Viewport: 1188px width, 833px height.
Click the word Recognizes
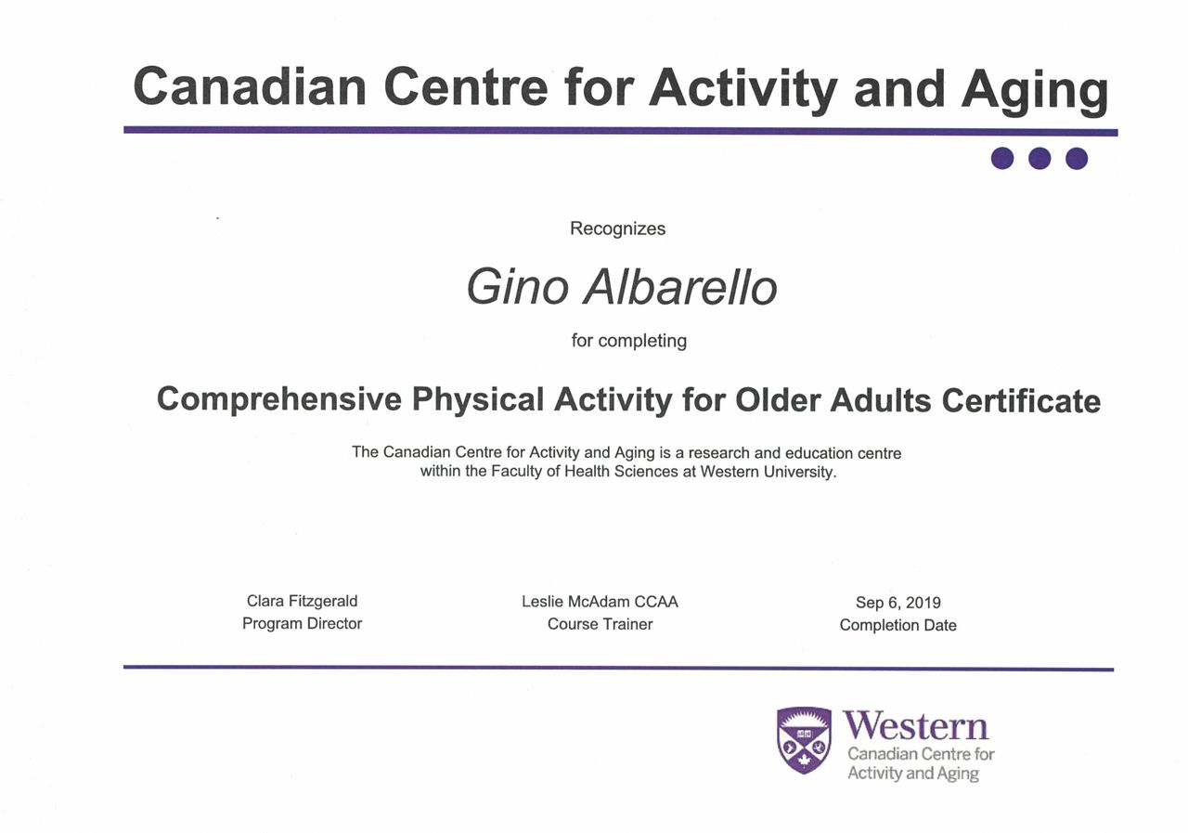coord(617,228)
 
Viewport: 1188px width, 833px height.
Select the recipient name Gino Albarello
coord(622,287)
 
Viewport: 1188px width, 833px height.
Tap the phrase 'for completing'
coord(629,341)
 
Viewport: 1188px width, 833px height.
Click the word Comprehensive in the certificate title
coord(279,399)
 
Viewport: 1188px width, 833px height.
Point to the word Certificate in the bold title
coord(1021,400)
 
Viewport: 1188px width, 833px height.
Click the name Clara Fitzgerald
coord(302,601)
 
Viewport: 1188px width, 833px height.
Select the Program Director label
coord(302,623)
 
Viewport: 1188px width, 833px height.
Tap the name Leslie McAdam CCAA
coord(600,602)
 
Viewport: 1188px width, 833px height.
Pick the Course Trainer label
coord(600,624)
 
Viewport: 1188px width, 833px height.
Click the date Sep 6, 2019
coord(897,603)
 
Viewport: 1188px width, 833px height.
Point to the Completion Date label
coord(897,625)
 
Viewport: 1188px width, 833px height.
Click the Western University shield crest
coord(804,739)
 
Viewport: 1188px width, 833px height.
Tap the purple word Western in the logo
coord(916,726)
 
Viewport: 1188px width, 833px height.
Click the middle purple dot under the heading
coord(1039,158)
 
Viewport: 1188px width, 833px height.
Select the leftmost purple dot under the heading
coord(1002,158)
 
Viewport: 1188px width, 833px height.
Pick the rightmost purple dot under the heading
coord(1077,158)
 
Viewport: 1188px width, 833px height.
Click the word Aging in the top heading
coord(1035,90)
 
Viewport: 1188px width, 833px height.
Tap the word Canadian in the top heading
coord(250,86)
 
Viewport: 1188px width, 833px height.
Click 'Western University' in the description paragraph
coord(768,472)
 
